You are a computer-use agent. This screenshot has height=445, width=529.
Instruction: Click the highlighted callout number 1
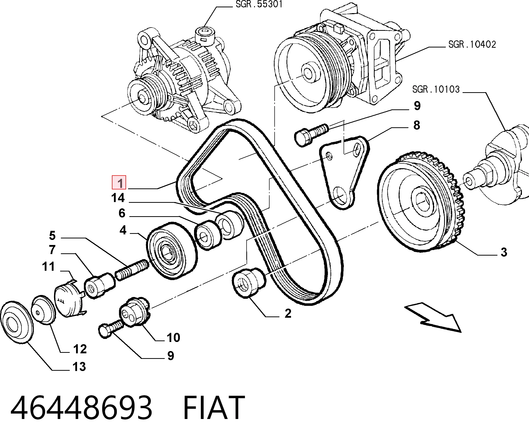pos(119,182)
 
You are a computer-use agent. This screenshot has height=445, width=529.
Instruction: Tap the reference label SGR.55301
pos(259,4)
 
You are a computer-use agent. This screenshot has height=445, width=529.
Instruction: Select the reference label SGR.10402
pos(472,45)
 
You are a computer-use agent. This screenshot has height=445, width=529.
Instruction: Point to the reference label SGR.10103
pos(436,89)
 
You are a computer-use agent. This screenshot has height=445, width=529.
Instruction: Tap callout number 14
pos(118,198)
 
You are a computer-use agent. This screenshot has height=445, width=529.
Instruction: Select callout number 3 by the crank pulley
pos(504,252)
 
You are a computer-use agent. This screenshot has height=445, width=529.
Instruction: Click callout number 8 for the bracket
pos(417,125)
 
